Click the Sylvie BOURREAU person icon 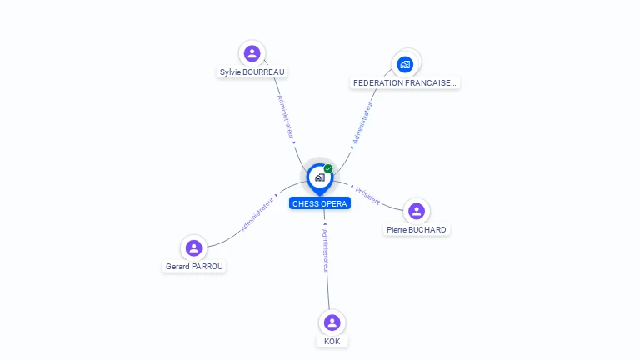coord(252,53)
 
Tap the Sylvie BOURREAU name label coord(252,72)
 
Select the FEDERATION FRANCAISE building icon coord(405,64)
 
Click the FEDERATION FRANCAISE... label coord(405,83)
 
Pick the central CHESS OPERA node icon coord(319,177)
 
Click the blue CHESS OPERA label coord(320,203)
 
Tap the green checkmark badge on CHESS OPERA coord(328,168)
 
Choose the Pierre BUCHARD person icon coord(417,211)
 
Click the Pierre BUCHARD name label coord(417,230)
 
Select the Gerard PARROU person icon coord(194,247)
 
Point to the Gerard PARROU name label coord(194,267)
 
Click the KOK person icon coord(332,322)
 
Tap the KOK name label coord(332,341)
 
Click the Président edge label coord(368,196)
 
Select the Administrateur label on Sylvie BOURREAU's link coord(286,117)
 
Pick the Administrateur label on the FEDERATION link coord(363,122)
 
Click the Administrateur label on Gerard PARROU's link coord(257,213)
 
